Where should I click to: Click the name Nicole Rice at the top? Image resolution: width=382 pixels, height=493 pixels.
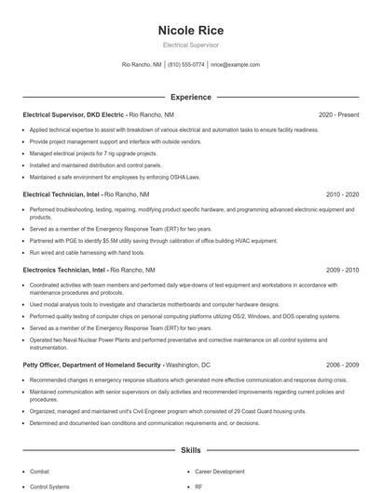[191, 31]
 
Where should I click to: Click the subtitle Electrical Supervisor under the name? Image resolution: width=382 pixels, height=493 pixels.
[191, 45]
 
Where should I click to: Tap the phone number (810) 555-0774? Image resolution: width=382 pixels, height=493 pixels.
[186, 65]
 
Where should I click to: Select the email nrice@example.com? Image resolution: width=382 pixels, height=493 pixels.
[235, 65]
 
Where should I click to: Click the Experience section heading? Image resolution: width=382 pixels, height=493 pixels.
[191, 97]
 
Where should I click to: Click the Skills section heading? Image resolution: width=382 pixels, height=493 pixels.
[191, 450]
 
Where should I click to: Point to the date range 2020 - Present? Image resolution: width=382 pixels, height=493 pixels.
[338, 114]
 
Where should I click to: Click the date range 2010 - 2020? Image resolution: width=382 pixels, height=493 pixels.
[342, 194]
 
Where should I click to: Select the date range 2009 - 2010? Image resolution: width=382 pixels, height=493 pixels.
[342, 270]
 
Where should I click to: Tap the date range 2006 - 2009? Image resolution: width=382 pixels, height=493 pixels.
[342, 366]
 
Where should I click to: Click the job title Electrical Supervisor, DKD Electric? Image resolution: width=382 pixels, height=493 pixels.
[73, 114]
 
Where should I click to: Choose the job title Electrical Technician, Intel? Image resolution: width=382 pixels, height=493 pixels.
[61, 194]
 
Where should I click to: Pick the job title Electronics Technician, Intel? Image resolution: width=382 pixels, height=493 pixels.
[63, 270]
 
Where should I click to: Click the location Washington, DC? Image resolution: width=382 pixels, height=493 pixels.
[189, 366]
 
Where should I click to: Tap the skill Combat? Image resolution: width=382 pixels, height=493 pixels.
[40, 472]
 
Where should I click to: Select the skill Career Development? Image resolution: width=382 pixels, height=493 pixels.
[219, 472]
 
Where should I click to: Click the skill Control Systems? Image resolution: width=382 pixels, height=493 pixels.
[49, 486]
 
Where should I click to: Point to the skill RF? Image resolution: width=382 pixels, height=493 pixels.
[198, 486]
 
